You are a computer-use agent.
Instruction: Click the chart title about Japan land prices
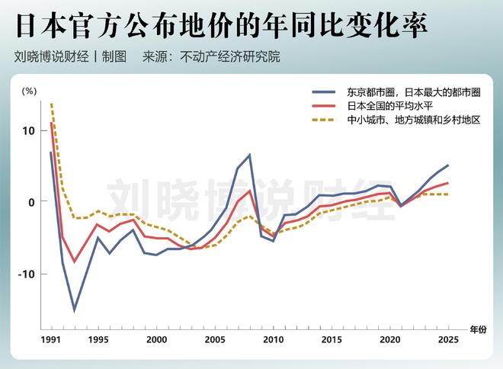221,25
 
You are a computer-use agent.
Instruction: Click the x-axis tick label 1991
51,339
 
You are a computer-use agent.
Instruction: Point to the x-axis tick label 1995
98,339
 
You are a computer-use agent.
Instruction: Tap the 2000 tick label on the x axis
156,339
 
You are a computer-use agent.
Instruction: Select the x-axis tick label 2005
214,339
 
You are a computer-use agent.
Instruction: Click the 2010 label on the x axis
273,339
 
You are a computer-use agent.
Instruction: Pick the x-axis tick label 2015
332,339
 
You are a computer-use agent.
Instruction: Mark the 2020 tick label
390,339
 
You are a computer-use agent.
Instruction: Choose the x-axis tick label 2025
448,339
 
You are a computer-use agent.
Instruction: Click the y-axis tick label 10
29,130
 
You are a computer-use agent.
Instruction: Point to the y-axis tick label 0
32,201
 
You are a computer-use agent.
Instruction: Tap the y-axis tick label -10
27,273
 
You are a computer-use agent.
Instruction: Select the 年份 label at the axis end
477,329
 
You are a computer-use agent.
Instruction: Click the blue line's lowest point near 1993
75,310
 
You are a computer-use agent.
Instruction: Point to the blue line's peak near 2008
249,155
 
